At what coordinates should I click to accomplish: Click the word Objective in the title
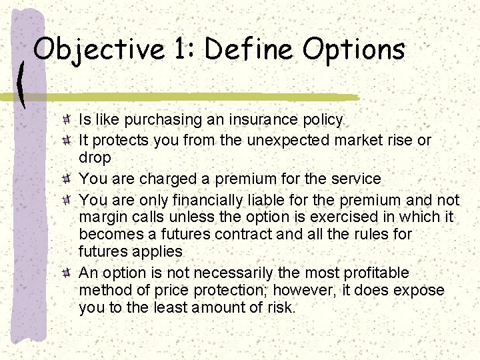[98, 49]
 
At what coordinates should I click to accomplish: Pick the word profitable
[376, 273]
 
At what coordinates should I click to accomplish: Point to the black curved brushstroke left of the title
[21, 83]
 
